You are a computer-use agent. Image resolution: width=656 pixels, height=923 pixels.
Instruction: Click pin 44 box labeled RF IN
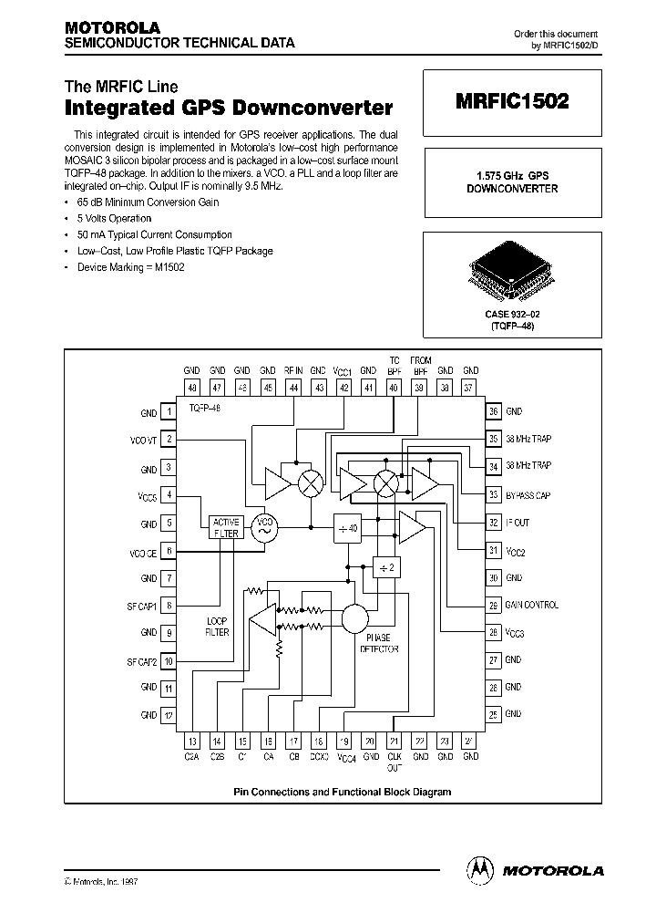pos(293,387)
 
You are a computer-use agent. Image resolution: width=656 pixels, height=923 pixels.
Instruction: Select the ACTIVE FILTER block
pos(225,527)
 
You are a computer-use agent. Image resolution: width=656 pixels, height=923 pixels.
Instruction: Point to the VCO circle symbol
pos(265,527)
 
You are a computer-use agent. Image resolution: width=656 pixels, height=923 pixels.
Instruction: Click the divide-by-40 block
pos(349,527)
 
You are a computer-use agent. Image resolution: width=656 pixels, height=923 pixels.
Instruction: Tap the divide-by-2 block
pos(386,568)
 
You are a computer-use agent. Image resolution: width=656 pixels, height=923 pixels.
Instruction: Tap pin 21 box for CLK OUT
pos(395,742)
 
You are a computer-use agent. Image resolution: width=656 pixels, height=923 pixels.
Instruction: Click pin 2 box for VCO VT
pos(169,440)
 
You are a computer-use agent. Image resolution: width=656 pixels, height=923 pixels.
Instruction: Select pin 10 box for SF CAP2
pos(169,660)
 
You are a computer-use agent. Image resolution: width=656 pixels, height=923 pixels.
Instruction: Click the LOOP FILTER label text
pos(218,626)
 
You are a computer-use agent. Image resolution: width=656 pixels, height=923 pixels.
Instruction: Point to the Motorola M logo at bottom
pos(478,870)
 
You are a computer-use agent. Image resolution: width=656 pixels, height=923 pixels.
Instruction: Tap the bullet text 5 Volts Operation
pos(115,219)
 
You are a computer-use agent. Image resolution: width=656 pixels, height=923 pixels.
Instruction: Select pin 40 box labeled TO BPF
pos(395,387)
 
